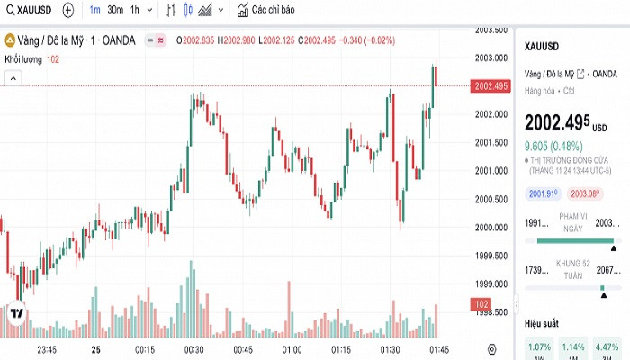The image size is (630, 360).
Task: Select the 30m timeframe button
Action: (115, 11)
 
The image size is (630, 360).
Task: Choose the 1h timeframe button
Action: (135, 11)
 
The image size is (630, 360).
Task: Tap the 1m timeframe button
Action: (94, 11)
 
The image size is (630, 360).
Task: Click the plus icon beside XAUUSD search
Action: (69, 11)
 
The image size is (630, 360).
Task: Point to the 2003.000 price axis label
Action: (491, 58)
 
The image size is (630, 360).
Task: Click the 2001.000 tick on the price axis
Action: (491, 170)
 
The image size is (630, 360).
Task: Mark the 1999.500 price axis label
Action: (491, 256)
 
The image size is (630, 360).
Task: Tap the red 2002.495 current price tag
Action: (490, 86)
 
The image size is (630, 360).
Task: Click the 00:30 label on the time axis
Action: (193, 349)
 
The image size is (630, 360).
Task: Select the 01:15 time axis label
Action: (341, 349)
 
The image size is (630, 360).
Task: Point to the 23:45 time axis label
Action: (47, 349)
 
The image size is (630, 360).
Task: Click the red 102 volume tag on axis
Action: (481, 305)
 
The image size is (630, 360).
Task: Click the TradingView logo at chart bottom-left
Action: (16, 313)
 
